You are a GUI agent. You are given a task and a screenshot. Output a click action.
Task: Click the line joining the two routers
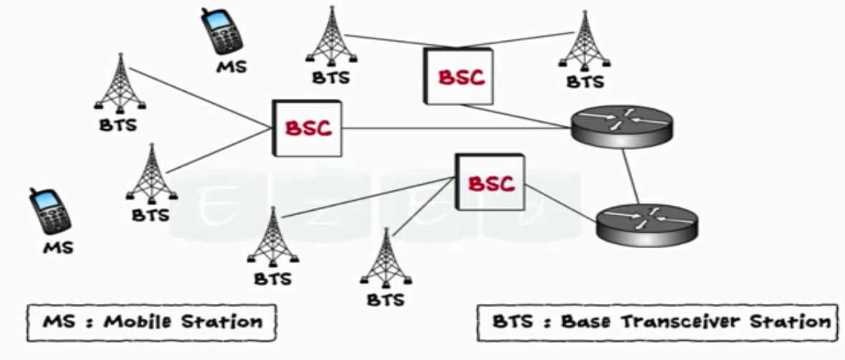coord(631,176)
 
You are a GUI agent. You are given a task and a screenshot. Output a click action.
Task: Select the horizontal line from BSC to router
coord(456,128)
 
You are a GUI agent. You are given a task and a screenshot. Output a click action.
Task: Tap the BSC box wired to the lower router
coord(490,182)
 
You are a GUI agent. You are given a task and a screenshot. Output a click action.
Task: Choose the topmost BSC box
coord(458,76)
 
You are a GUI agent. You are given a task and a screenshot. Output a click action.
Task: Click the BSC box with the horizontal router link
coord(307,128)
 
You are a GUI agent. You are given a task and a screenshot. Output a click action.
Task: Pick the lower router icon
coord(647,224)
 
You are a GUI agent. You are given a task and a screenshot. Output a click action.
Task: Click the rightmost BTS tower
coord(585,39)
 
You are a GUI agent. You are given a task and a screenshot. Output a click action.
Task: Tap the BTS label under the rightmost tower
coord(585,82)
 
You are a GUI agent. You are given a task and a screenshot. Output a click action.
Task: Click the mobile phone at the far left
coord(49,212)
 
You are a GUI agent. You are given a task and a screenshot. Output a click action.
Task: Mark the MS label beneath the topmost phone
coord(231,67)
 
